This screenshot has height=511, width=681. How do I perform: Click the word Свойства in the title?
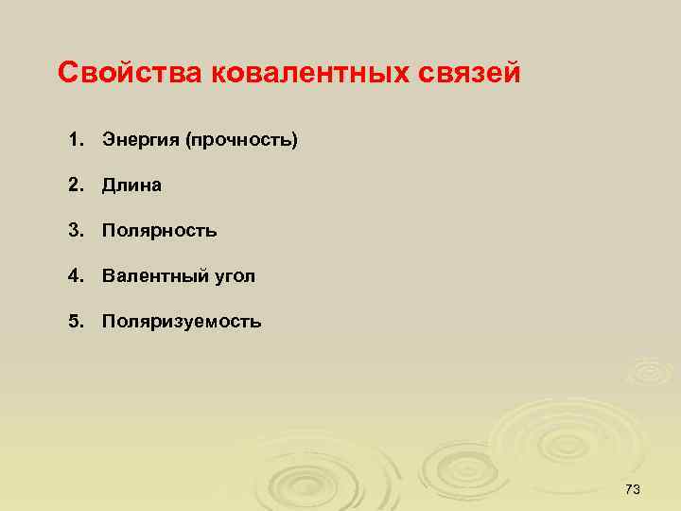click(127, 73)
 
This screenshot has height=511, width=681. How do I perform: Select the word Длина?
click(131, 185)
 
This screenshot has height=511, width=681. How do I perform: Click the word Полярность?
click(160, 231)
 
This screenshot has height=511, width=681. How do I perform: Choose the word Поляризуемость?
click(182, 322)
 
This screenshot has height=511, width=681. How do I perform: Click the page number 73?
click(633, 488)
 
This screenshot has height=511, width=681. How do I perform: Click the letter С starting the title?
click(67, 73)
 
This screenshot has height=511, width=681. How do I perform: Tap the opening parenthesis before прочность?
click(189, 140)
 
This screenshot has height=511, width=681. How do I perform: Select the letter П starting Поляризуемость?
click(109, 322)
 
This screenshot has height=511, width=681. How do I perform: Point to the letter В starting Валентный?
click(108, 276)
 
